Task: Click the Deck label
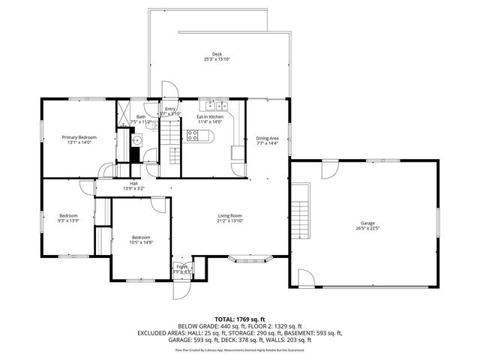click(217, 54)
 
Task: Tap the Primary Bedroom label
click(79, 137)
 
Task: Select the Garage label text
click(367, 224)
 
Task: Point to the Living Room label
click(229, 216)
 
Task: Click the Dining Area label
click(267, 138)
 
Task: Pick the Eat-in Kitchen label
click(210, 117)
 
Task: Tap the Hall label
click(133, 183)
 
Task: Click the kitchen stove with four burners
click(192, 136)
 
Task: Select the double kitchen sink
click(208, 105)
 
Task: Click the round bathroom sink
click(137, 139)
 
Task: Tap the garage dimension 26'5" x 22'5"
click(367, 229)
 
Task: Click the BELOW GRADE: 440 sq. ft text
click(202, 327)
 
